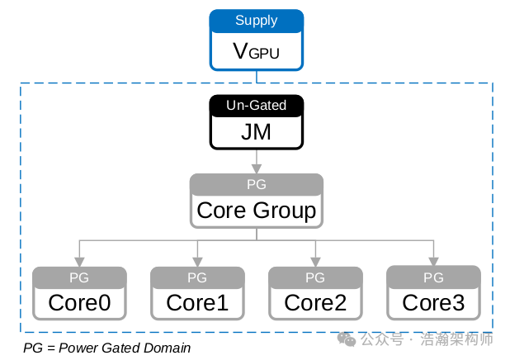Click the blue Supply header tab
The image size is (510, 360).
tap(256, 21)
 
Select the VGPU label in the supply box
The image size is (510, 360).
tap(256, 52)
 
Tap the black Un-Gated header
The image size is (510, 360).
tap(256, 106)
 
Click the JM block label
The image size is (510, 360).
tap(256, 132)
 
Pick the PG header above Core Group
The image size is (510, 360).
tap(256, 183)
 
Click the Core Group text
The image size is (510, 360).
tap(256, 211)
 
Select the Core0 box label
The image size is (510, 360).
tap(79, 303)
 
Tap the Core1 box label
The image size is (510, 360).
tap(197, 303)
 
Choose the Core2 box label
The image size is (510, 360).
tap(315, 303)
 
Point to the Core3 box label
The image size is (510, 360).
tap(433, 303)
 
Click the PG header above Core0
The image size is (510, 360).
tap(79, 277)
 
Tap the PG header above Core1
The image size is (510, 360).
tap(197, 277)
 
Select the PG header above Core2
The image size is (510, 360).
tap(315, 277)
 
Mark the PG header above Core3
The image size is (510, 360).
tap(433, 277)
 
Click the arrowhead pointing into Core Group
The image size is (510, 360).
tap(256, 168)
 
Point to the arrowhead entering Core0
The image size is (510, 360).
tap(79, 262)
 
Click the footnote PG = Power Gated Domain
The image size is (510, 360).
tap(106, 348)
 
